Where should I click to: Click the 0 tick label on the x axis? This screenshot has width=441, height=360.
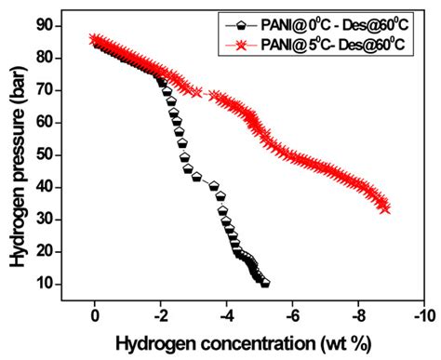(94, 316)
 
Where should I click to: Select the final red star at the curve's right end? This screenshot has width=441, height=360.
(385, 208)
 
